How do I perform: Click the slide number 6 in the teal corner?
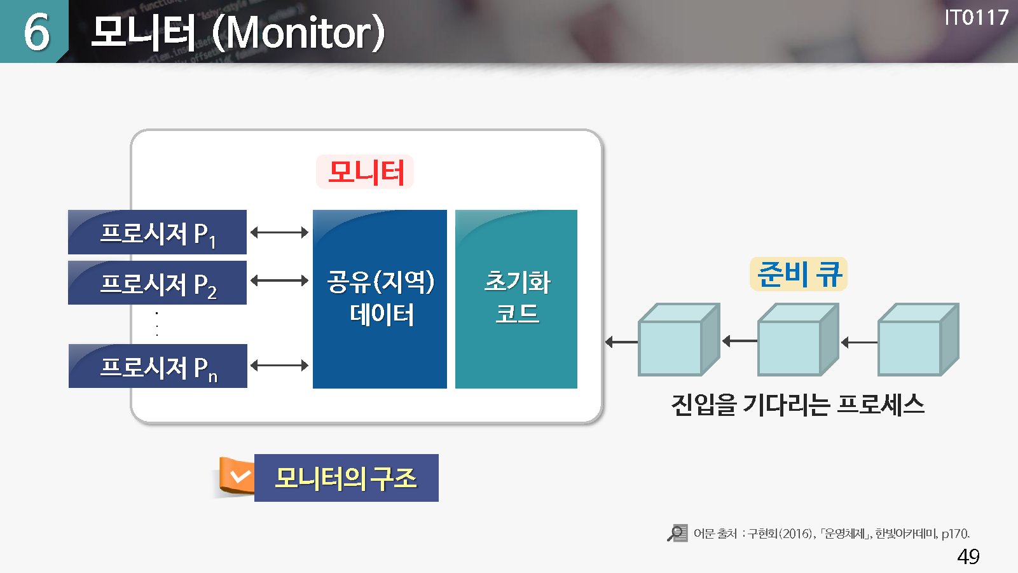pos(36,32)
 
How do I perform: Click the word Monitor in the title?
pos(298,32)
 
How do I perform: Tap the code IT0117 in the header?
pos(976,18)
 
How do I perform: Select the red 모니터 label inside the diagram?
pos(366,172)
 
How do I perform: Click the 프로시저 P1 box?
pos(157,232)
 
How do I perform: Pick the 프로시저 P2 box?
pos(157,282)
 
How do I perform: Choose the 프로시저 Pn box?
pos(158,366)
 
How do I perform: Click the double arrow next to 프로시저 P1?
pos(280,233)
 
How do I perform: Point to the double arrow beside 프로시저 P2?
pos(280,280)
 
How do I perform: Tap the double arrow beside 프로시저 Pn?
pos(280,365)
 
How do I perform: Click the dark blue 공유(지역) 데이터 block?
pos(380,299)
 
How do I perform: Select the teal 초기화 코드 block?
pos(516,299)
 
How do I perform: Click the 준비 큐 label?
pos(799,274)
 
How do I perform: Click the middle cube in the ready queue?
pos(799,340)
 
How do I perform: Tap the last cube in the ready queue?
pos(918,340)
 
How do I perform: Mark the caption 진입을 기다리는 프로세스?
pos(798,404)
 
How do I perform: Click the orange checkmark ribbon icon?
pos(237,476)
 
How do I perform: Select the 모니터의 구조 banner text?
pos(346,478)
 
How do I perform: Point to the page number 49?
pos(968,556)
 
